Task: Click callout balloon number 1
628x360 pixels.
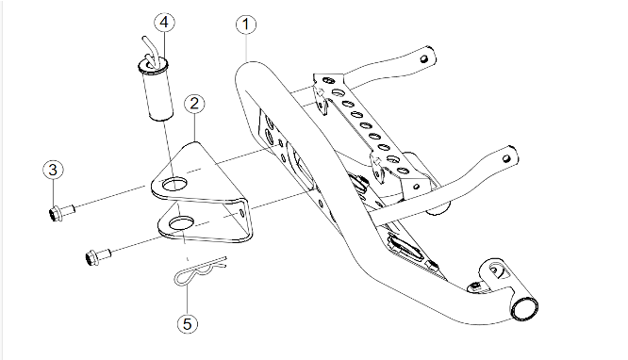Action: click(x=246, y=24)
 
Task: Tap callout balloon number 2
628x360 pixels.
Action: click(x=194, y=104)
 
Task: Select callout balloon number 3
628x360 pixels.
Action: click(x=53, y=170)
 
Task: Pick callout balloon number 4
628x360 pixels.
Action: click(x=164, y=23)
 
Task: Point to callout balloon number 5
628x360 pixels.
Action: click(x=188, y=323)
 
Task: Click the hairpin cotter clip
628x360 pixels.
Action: click(x=200, y=271)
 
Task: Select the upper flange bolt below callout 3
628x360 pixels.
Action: click(x=61, y=212)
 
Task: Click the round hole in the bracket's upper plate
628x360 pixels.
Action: click(x=174, y=185)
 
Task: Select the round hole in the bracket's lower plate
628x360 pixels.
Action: click(x=182, y=224)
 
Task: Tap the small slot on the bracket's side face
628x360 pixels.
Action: click(x=241, y=212)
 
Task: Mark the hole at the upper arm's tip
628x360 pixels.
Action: click(x=423, y=59)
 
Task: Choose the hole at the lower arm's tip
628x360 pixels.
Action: click(x=506, y=158)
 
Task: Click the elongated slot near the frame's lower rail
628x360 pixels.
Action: click(x=405, y=248)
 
